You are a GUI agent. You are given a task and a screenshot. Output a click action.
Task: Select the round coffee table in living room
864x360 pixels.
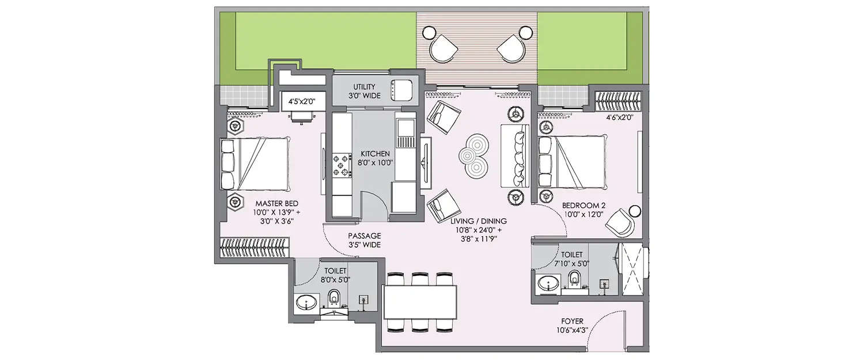pos(473,154)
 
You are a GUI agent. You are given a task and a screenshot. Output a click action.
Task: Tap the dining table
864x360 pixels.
pos(420,302)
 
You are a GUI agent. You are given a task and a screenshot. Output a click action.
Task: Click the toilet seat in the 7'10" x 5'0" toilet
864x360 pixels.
pos(573,281)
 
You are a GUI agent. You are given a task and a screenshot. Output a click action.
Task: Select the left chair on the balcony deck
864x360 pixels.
pos(442,48)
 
